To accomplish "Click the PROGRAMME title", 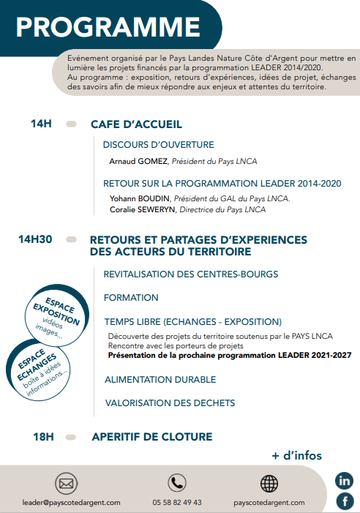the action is pos(108,28).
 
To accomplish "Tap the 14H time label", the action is pos(42,124).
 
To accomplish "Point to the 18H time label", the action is pos(44,437).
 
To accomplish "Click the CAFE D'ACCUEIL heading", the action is pos(136,124).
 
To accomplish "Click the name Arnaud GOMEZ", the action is pos(138,161).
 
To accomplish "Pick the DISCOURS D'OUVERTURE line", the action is pos(158,144).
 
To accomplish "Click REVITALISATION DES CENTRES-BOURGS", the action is pos(181,274).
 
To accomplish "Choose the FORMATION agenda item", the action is pos(131,298).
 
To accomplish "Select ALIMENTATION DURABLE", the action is pos(160,380).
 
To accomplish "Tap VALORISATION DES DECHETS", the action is pos(170,403).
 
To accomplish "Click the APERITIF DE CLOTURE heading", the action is pos(151,437).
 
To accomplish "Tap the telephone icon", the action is pos(176,483).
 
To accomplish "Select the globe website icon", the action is pos(269,483).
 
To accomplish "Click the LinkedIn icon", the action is pos(344,481).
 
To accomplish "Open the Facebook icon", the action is pos(344,501).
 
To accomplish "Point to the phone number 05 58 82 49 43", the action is pos(177,503).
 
